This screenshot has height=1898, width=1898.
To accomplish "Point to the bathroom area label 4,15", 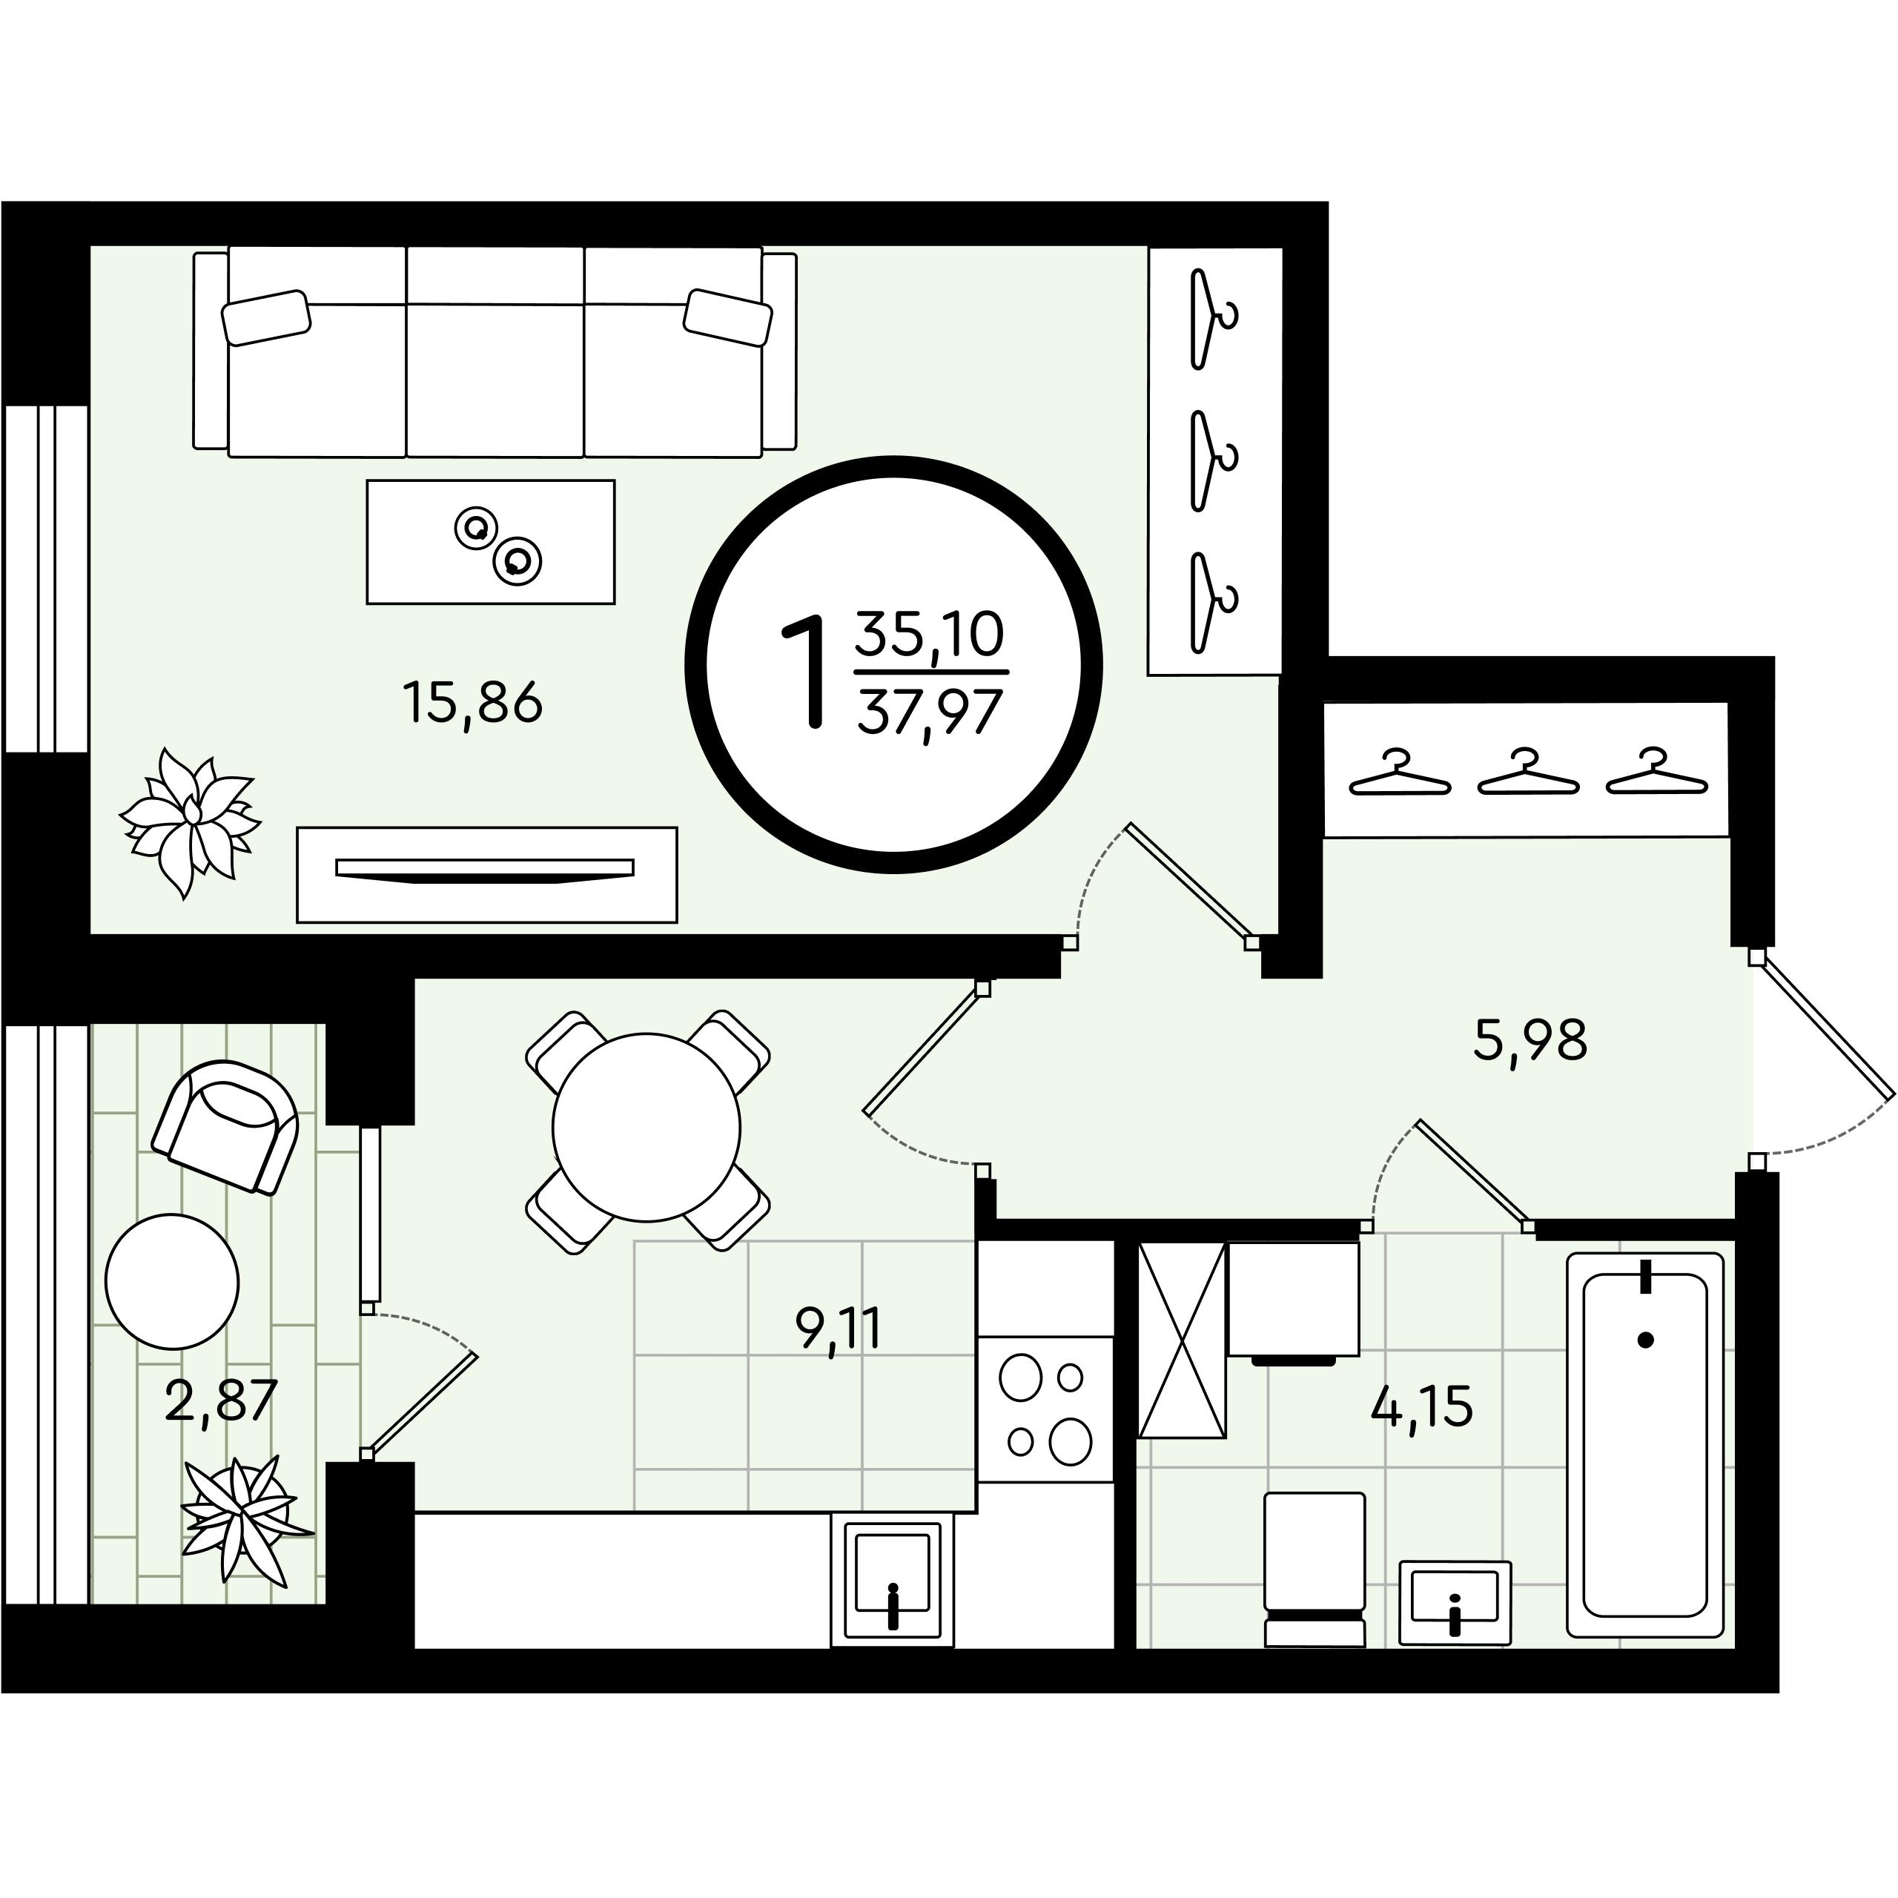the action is tap(1421, 1406).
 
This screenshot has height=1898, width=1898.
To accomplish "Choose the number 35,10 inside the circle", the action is tap(929, 634).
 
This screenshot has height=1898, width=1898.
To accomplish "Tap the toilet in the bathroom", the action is tap(1315, 1569).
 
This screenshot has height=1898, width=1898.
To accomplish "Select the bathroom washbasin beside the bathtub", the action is tap(1455, 1602).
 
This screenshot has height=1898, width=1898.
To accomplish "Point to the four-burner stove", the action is tap(1045, 1409).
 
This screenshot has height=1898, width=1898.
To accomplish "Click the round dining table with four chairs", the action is tap(647, 1127).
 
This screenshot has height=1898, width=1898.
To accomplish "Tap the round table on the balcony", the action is tap(172, 1281).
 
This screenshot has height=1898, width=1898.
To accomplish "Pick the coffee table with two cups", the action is tap(490, 541).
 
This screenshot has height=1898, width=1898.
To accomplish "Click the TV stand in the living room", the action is tap(486, 874).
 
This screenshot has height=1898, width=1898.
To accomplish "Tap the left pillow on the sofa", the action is tap(266, 317).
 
